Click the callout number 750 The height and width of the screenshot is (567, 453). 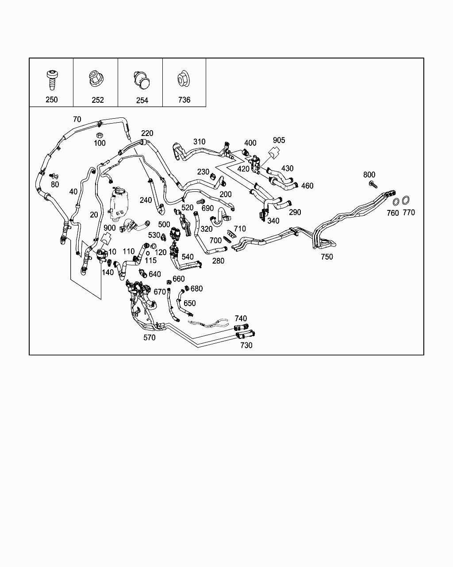pos(326,257)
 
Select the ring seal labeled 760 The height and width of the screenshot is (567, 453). pos(395,201)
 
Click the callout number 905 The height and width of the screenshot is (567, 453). pos(279,140)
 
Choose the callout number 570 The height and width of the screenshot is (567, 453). pos(150,338)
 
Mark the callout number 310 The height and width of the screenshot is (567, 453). pos(199,142)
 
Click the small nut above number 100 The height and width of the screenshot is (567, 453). pos(100,135)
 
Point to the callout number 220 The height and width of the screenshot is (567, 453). pos(147,133)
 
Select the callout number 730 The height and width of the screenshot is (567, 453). pos(246,346)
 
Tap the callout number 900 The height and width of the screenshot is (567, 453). pos(109,228)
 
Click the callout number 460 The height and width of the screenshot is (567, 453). pos(307,186)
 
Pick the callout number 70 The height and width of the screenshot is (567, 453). pos(77,119)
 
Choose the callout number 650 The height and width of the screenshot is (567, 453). pos(189,303)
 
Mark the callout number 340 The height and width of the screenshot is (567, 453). pos(273,221)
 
